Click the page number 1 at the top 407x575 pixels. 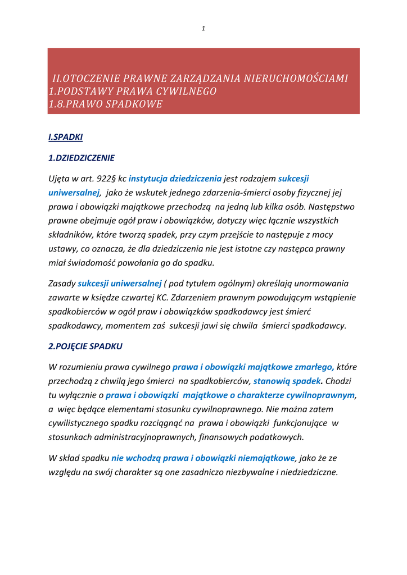tap(203, 29)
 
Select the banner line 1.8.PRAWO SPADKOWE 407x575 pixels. tap(106, 104)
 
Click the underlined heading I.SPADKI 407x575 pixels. tap(65, 137)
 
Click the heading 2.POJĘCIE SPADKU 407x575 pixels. tap(85, 346)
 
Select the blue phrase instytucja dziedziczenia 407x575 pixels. tap(175, 179)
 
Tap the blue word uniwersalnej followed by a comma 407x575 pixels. tap(74, 193)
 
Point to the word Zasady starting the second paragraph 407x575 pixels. tap(62, 284)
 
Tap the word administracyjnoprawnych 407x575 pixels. tap(136, 436)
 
